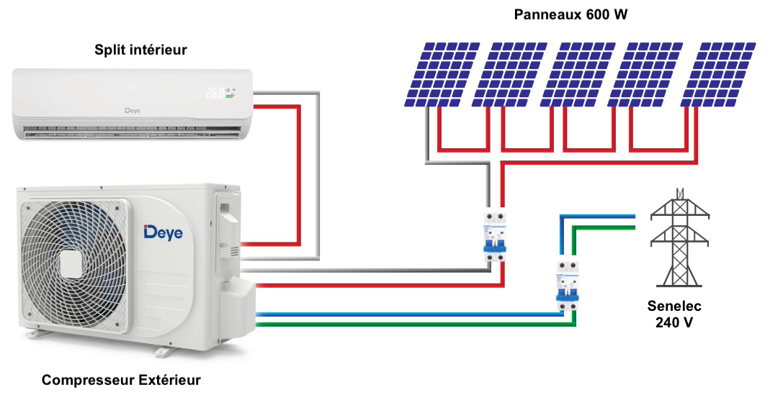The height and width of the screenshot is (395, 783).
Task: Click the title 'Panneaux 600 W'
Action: pyautogui.click(x=571, y=14)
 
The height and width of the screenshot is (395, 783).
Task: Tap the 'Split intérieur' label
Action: pyautogui.click(x=140, y=50)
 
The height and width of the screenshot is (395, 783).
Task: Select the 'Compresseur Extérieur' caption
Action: pyautogui.click(x=121, y=380)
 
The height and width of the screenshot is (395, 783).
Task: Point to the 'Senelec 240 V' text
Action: pyautogui.click(x=674, y=314)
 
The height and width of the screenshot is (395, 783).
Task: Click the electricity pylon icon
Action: pyautogui.click(x=679, y=237)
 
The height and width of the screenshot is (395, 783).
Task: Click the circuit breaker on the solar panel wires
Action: pyautogui.click(x=495, y=237)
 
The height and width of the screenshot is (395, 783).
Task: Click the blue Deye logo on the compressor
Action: pyautogui.click(x=164, y=232)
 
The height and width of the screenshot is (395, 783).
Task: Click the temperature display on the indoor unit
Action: pyautogui.click(x=216, y=93)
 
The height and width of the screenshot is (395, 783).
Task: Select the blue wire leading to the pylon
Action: pyautogui.click(x=598, y=215)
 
